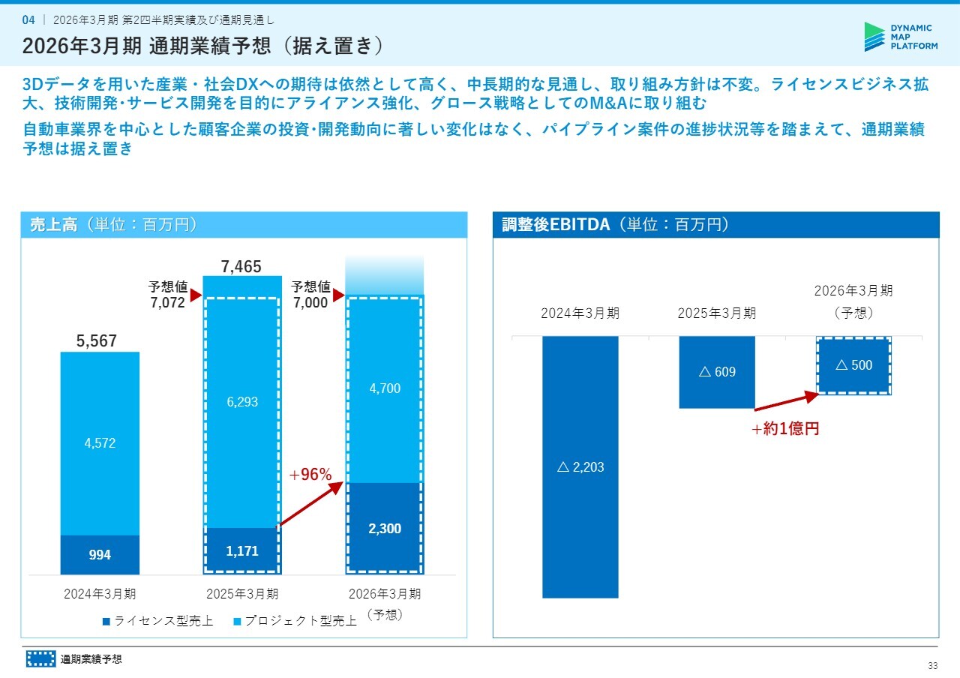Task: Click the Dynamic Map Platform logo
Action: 900,36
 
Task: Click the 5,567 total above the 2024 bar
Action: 97,341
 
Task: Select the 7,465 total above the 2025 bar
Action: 241,266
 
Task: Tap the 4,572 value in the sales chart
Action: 100,442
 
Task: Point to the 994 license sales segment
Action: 100,555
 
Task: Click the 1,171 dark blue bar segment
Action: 241,550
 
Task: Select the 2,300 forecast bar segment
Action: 384,529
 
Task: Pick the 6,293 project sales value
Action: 241,402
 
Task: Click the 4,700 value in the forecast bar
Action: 384,388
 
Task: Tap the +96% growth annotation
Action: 310,474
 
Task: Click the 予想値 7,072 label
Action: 167,295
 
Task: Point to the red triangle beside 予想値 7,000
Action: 338,295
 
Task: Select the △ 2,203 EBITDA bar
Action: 580,467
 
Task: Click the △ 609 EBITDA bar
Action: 717,372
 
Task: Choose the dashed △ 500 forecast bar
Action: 853,365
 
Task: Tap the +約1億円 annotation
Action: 784,430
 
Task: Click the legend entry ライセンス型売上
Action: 159,621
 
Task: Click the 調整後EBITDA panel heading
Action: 614,225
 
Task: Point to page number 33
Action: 933,666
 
